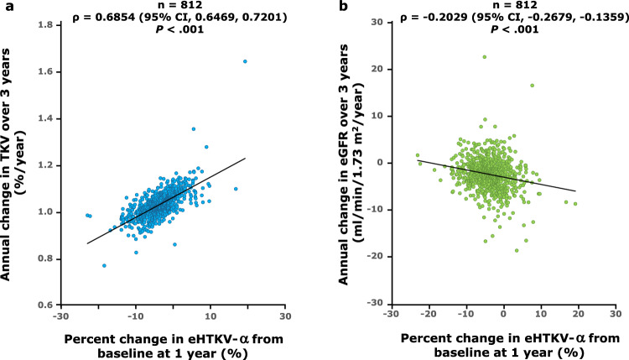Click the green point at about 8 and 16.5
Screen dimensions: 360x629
pos(532,86)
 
